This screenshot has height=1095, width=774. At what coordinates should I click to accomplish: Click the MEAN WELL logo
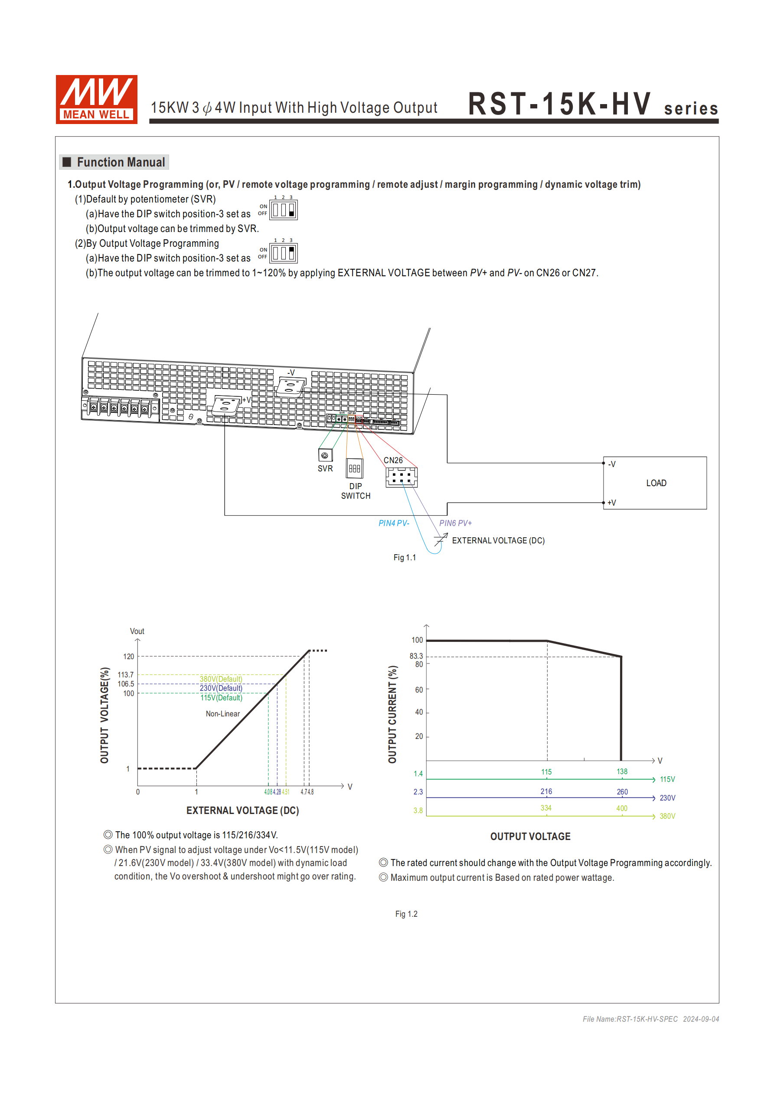point(96,99)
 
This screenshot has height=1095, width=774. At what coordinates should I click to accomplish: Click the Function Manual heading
point(121,162)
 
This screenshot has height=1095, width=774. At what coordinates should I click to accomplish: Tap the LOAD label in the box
point(656,483)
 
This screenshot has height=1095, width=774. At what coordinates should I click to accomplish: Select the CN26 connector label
point(393,460)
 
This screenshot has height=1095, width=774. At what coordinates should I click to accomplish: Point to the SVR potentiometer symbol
point(325,455)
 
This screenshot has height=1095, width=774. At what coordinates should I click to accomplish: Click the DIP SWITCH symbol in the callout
point(354,468)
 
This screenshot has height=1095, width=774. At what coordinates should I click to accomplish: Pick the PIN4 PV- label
point(393,523)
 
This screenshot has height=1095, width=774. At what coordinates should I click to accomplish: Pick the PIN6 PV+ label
point(455,523)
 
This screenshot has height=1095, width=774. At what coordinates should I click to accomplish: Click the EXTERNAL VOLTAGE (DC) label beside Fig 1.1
point(498,540)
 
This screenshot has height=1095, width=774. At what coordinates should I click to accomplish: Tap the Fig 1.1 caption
point(405,558)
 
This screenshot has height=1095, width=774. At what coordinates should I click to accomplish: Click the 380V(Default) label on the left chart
point(221,679)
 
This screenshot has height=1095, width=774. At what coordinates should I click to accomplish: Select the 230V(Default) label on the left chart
point(221,688)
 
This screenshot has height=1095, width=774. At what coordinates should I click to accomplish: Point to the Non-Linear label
point(223,713)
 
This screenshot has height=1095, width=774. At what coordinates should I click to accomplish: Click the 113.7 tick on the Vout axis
point(126,675)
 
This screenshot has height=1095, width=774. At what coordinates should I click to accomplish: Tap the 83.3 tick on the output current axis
point(416,656)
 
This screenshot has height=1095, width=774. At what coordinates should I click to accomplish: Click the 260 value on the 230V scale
point(622,792)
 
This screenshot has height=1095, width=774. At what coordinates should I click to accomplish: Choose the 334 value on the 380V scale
point(546,808)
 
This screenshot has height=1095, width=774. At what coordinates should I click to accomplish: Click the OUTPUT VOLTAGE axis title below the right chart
point(530,836)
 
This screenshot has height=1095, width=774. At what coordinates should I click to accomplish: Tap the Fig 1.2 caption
point(406,914)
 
